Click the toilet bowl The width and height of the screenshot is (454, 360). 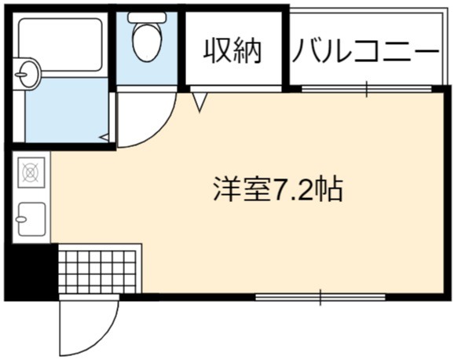[x=147, y=42]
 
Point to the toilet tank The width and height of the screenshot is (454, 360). [x=147, y=17]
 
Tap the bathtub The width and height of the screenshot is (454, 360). [x=60, y=44]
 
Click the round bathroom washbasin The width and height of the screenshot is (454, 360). [x=27, y=74]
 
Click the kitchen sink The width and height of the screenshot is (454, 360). [x=31, y=219]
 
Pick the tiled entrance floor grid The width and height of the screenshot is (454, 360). [x=97, y=272]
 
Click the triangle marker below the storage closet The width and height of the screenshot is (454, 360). [x=200, y=102]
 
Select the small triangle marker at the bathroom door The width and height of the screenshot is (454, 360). [x=104, y=138]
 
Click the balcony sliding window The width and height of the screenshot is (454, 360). [x=367, y=89]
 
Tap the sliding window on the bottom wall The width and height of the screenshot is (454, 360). [x=320, y=297]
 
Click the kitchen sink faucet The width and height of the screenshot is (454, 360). [x=21, y=219]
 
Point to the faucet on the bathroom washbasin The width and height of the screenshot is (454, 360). [x=20, y=75]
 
